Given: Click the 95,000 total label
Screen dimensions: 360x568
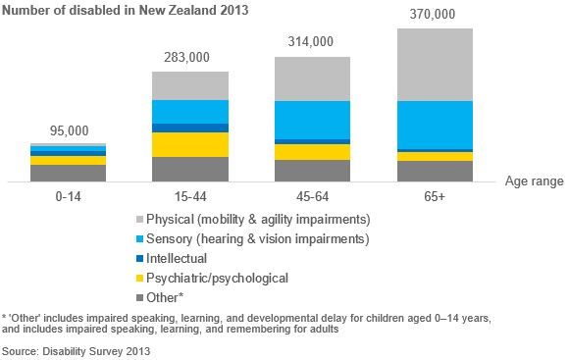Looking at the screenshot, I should tap(68, 130).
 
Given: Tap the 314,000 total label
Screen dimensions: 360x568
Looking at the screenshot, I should tap(312, 42).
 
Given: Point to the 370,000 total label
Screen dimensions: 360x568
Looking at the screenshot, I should tap(435, 14).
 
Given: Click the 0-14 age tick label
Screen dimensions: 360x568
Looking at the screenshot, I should tap(68, 196).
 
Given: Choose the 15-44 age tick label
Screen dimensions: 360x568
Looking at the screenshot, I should tap(190, 196).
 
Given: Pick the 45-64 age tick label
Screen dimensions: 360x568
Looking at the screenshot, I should tap(312, 196).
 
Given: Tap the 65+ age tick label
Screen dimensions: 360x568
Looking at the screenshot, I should tap(435, 196).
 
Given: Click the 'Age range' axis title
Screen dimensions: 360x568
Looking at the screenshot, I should tap(532, 181).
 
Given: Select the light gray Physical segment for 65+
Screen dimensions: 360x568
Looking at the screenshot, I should tap(435, 65).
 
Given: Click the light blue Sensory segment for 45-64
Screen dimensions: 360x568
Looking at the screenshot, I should tap(312, 120).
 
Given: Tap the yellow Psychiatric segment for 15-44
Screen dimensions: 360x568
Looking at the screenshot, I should tap(190, 144).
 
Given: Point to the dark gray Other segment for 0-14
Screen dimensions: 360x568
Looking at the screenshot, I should tap(68, 173).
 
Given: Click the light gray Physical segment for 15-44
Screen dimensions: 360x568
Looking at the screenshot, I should tap(190, 85).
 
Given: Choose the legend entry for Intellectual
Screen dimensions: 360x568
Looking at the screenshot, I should tap(176, 258).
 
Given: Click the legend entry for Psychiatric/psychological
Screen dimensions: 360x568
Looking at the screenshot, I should tap(216, 278).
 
